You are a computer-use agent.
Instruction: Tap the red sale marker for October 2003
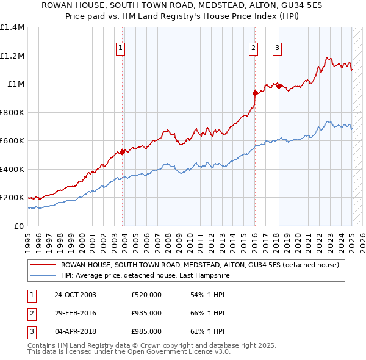click(x=123, y=152)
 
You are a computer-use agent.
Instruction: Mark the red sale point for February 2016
click(x=255, y=93)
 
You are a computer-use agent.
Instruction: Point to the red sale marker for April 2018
click(x=279, y=86)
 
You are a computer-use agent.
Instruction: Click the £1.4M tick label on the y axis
click(x=12, y=27)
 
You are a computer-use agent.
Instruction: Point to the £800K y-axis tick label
click(x=12, y=112)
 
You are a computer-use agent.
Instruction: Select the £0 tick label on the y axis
click(x=18, y=226)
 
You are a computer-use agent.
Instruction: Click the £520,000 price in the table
click(x=146, y=295)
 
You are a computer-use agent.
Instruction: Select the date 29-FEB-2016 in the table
click(x=75, y=313)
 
